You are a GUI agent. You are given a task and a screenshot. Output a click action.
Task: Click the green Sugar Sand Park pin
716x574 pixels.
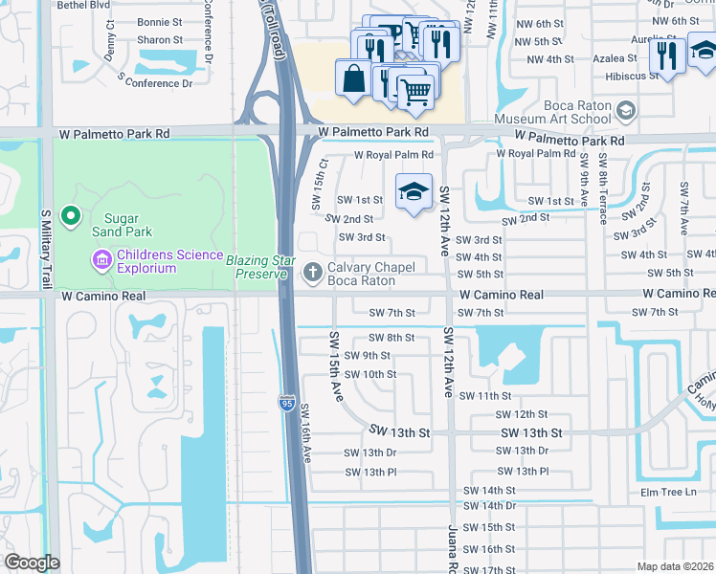[x=70, y=216]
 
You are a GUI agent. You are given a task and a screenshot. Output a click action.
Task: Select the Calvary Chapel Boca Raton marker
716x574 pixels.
[x=311, y=273]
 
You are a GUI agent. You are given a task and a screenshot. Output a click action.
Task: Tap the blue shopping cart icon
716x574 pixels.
[x=415, y=92]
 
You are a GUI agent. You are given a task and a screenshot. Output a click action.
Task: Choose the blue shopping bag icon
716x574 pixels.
[x=353, y=78]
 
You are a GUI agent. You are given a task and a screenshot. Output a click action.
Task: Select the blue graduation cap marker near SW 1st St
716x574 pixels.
[x=414, y=191]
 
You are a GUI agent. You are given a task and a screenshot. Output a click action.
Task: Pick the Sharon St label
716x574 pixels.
[x=160, y=40]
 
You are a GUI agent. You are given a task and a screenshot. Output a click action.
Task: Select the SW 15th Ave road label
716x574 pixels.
[x=336, y=366]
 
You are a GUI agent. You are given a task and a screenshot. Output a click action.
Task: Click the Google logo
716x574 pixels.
[x=32, y=563]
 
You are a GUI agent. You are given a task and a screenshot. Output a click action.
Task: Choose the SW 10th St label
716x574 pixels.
[x=370, y=374]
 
